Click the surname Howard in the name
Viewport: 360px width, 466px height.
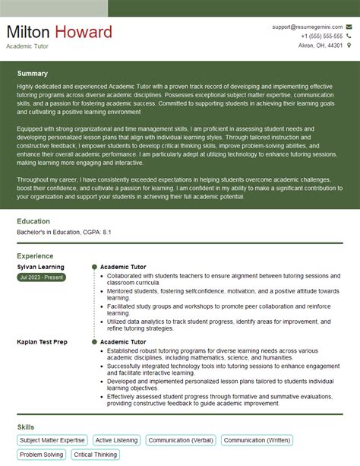[84, 32]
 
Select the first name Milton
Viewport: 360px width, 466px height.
[28, 32]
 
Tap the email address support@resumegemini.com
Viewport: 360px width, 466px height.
[308, 27]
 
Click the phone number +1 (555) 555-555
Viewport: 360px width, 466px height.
[321, 36]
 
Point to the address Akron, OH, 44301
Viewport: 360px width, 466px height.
[319, 46]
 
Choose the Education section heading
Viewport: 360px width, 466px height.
[33, 221]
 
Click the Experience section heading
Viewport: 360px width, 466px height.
[35, 256]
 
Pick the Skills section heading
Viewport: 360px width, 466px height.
[25, 426]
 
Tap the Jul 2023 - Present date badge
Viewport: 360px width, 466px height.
[41, 277]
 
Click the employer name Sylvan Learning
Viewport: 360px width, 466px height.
[40, 267]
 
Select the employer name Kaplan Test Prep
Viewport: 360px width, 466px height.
[42, 342]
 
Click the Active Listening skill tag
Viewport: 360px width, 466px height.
[116, 439]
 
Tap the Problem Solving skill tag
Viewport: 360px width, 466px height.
[42, 455]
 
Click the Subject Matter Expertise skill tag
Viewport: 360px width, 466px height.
[52, 439]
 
